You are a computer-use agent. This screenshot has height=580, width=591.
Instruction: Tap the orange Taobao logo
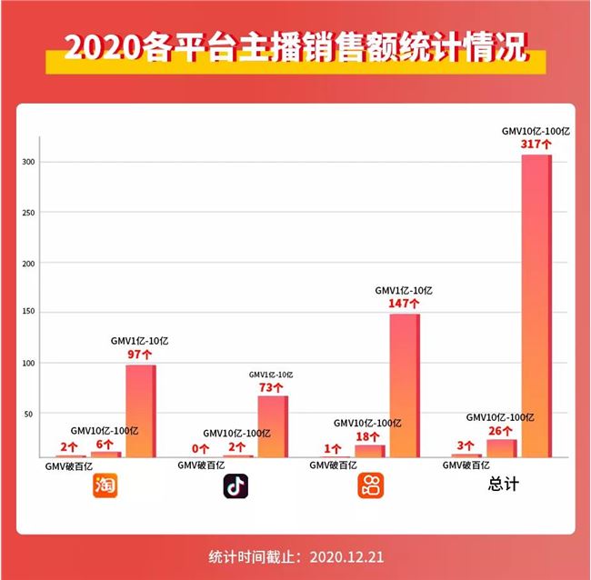coord(106,487)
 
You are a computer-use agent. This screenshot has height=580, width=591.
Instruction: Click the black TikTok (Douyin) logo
coord(236,487)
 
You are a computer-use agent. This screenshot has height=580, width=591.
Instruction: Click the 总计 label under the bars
coord(503,485)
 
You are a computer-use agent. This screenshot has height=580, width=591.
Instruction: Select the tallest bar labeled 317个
coord(536,305)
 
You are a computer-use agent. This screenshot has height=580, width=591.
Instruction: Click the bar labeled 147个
coord(405,385)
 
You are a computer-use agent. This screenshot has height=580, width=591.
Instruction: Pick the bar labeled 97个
coord(141,410)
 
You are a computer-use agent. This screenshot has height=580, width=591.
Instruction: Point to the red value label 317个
coord(536,144)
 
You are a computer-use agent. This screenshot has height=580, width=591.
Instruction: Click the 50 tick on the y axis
coord(30,414)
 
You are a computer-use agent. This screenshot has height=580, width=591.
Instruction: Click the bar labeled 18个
coord(370,450)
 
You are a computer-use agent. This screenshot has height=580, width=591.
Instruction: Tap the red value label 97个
coord(141,354)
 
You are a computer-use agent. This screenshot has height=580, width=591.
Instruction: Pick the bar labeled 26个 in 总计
coord(501,448)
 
